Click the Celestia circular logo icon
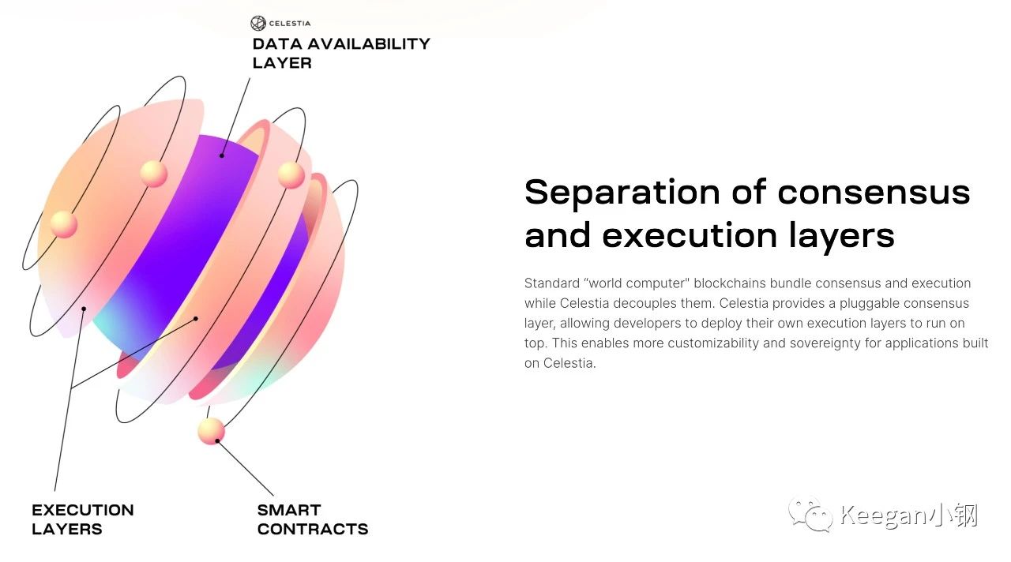[258, 23]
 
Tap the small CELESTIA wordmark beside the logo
[290, 24]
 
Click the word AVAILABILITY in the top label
[369, 43]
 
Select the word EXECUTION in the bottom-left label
[83, 510]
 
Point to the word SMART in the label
[289, 510]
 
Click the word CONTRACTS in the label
[313, 529]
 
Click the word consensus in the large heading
[874, 193]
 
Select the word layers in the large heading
[842, 236]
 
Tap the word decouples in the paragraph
[645, 304]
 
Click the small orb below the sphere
[211, 431]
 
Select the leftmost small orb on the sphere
[64, 224]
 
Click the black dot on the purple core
[222, 155]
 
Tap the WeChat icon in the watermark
[810, 515]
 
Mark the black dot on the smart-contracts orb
[217, 440]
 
